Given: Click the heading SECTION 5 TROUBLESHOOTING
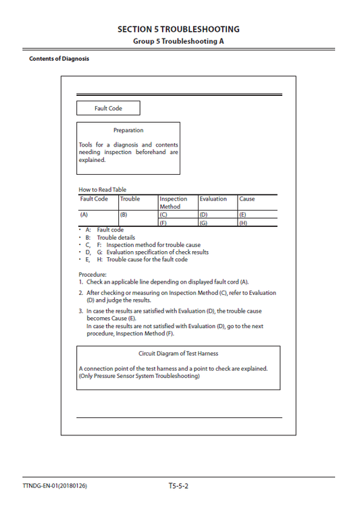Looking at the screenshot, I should [x=178, y=29].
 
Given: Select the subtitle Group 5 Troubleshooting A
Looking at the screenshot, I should [x=178, y=41].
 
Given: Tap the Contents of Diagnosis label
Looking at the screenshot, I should [x=59, y=59].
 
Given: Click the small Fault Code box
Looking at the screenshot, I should [x=108, y=108].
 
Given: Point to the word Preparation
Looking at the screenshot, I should [x=128, y=130].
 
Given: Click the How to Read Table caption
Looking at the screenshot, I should [x=103, y=190].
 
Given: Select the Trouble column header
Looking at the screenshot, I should [x=130, y=199].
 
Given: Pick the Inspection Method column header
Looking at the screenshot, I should [x=174, y=203].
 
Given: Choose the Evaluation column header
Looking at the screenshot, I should [x=213, y=199].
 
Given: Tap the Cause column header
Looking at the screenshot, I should [x=247, y=199].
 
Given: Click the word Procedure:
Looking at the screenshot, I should [x=93, y=275].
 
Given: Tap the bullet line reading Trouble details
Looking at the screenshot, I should [x=115, y=238].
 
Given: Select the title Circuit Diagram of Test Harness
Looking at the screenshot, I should [x=178, y=354].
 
